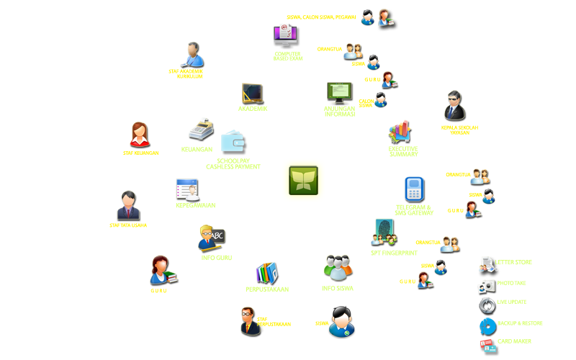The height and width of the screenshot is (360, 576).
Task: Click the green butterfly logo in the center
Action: (303, 180)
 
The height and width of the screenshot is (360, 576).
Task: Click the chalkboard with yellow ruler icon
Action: (252, 94)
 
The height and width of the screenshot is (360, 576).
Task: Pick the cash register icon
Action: (201, 130)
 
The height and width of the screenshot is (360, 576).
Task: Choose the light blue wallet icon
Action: (233, 143)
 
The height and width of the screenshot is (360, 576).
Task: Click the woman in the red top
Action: (140, 134)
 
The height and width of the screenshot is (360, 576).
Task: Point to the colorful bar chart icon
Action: (400, 132)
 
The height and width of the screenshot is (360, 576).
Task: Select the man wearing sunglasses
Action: (454, 106)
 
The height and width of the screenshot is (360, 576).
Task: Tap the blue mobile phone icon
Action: (414, 189)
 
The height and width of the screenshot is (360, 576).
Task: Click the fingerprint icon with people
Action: (384, 232)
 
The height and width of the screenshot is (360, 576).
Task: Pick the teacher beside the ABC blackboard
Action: (212, 238)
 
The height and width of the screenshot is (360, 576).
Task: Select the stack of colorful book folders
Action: (267, 273)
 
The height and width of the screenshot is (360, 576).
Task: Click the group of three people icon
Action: (338, 268)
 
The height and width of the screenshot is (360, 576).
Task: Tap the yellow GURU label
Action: (158, 291)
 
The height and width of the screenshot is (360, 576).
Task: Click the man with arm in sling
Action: (192, 54)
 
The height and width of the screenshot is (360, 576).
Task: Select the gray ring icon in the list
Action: (487, 305)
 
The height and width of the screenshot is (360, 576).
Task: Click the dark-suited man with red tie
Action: (128, 205)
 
